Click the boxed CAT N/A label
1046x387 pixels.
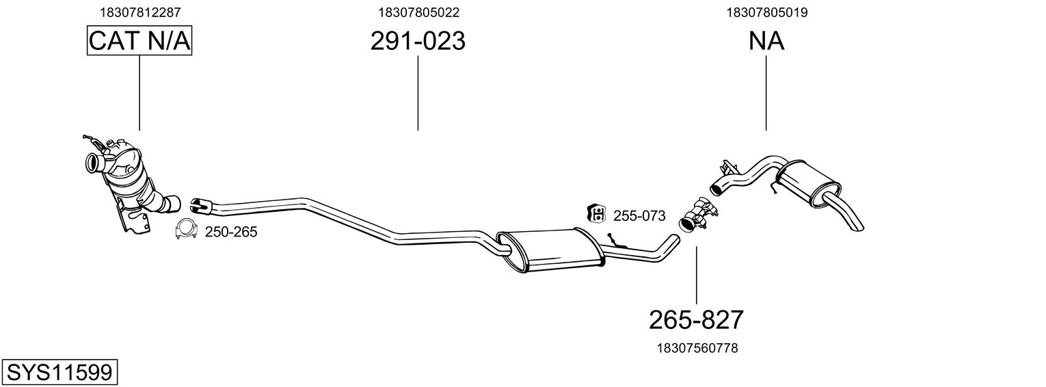point(139,41)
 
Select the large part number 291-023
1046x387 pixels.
point(418,41)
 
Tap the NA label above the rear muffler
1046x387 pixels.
point(766,41)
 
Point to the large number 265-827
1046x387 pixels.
point(696,319)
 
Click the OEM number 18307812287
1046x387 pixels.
point(140,12)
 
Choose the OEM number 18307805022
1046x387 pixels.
point(418,12)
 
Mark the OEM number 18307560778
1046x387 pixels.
point(697,348)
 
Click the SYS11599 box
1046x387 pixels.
point(59,373)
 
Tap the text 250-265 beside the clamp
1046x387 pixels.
point(231,232)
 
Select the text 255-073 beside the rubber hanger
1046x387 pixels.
point(639,216)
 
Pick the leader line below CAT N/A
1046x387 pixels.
point(139,92)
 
